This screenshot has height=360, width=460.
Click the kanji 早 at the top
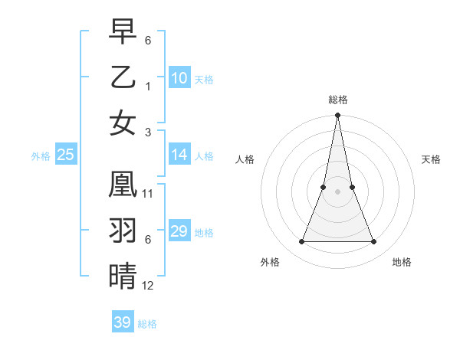click(123, 32)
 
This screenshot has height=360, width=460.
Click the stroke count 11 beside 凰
click(148, 194)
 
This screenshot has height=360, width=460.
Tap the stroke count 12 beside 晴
click(148, 285)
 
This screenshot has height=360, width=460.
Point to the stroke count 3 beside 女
click(148, 131)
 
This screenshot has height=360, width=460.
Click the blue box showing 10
click(179, 77)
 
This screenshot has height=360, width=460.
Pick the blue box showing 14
click(179, 155)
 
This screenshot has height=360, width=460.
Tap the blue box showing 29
click(179, 231)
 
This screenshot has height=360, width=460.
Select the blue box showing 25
click(66, 155)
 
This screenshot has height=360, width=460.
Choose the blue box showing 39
click(123, 322)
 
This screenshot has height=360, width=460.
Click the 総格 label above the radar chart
click(338, 100)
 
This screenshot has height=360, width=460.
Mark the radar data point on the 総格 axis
click(337, 116)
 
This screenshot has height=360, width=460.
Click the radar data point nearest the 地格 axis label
click(374, 242)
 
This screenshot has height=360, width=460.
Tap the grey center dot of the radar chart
click(337, 191)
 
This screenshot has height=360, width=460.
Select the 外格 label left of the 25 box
click(41, 156)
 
